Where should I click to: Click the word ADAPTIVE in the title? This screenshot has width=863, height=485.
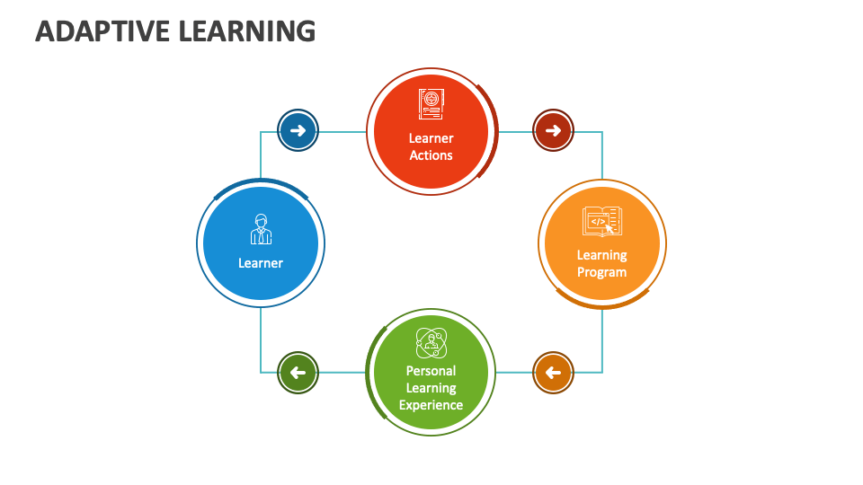[102, 31]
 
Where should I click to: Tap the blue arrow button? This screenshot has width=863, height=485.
[298, 131]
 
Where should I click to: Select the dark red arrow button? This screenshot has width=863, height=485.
[553, 131]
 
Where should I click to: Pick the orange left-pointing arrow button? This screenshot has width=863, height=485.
[553, 373]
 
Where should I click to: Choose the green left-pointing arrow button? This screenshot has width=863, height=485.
[298, 373]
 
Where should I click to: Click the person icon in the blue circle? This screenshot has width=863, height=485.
[261, 230]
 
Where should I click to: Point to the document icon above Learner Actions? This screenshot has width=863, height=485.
[431, 104]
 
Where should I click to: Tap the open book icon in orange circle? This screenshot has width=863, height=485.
[601, 221]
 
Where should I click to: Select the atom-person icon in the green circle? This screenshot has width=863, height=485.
[431, 342]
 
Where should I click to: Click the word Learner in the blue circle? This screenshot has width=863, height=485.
[261, 263]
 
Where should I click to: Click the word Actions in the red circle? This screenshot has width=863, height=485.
[431, 155]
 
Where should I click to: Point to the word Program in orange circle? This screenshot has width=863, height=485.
[601, 272]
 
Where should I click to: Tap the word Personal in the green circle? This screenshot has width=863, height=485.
[431, 370]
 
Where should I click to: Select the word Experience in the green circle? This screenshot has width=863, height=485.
[431, 405]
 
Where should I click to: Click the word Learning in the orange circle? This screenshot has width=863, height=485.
[601, 255]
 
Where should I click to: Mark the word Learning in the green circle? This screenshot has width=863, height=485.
[431, 388]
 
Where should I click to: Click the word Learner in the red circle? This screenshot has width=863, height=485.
[431, 138]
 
